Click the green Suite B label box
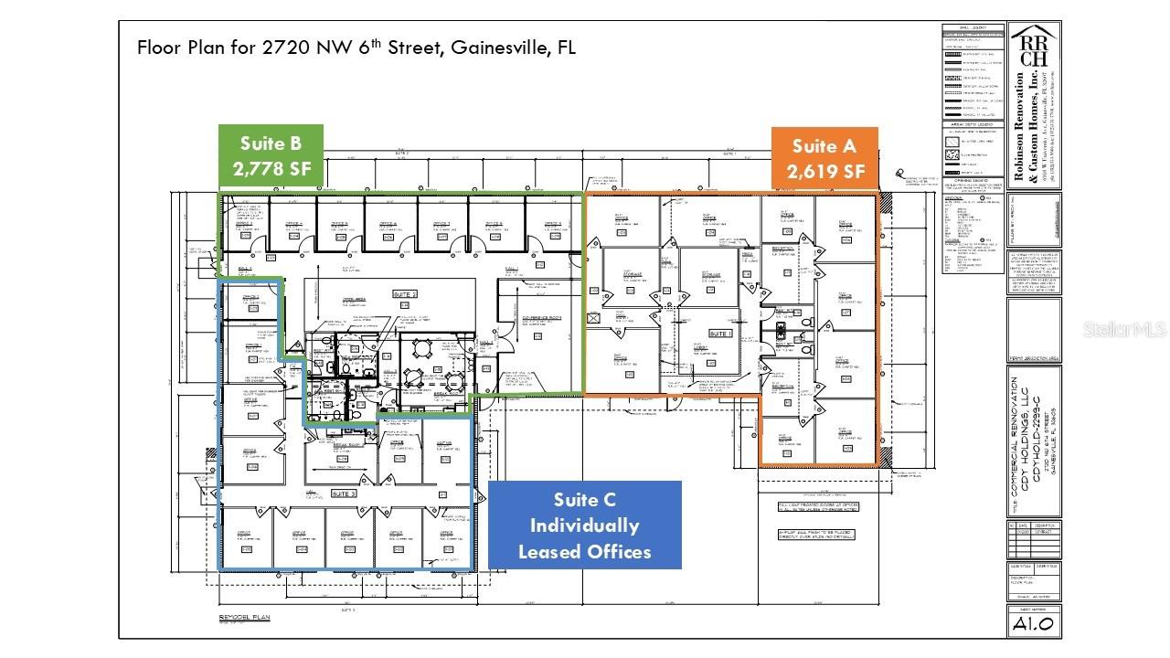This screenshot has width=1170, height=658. (271, 155)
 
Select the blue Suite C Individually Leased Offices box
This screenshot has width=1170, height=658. (584, 525)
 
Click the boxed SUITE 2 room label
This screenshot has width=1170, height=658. (405, 294)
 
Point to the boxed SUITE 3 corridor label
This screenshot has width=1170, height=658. (344, 493)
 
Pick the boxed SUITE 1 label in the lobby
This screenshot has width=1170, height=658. (721, 334)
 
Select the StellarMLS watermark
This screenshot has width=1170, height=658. (1124, 328)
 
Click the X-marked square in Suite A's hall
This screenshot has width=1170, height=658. (594, 318)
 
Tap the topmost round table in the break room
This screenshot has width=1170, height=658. (421, 346)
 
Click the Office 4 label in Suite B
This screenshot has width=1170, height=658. (388, 223)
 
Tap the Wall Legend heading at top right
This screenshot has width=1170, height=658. (973, 27)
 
